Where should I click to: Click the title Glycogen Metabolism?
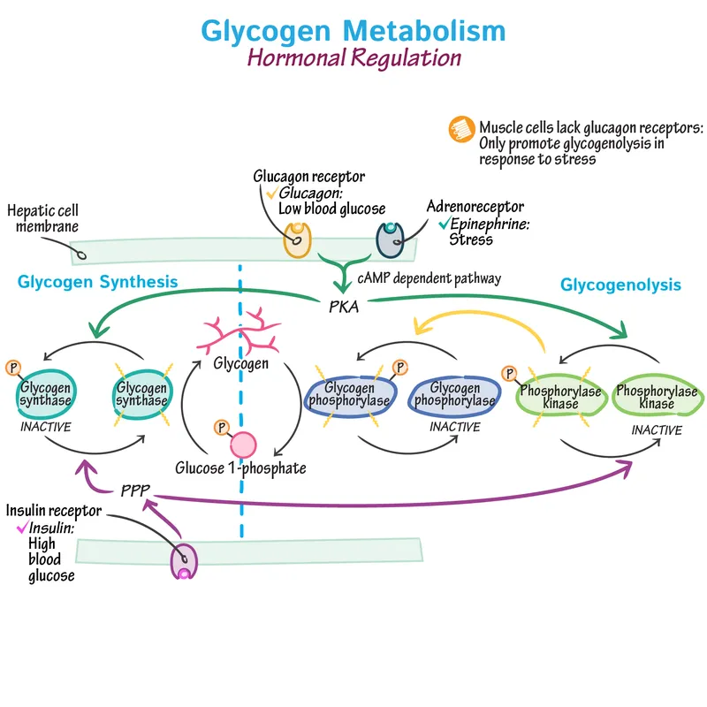click(x=353, y=29)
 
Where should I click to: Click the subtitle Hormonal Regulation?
click(x=353, y=58)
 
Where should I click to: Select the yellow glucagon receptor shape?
click(x=297, y=239)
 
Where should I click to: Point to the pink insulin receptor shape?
click(x=184, y=560)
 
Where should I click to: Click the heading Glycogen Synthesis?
click(x=97, y=282)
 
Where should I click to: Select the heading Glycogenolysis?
click(x=620, y=285)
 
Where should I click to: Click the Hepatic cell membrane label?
click(x=42, y=218)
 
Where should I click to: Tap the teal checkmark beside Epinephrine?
click(x=443, y=224)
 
